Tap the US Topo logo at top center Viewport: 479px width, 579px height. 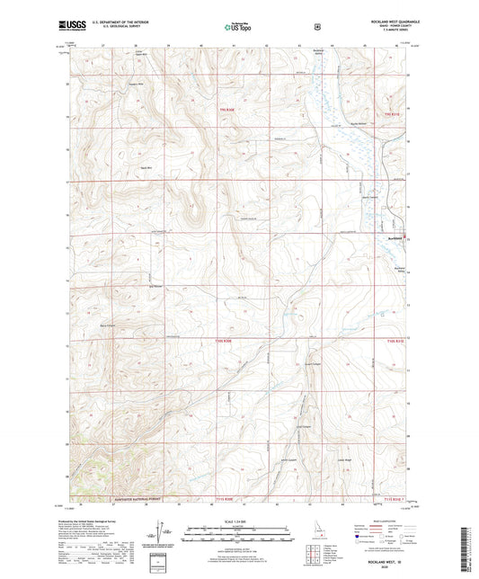(x=236, y=28)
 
